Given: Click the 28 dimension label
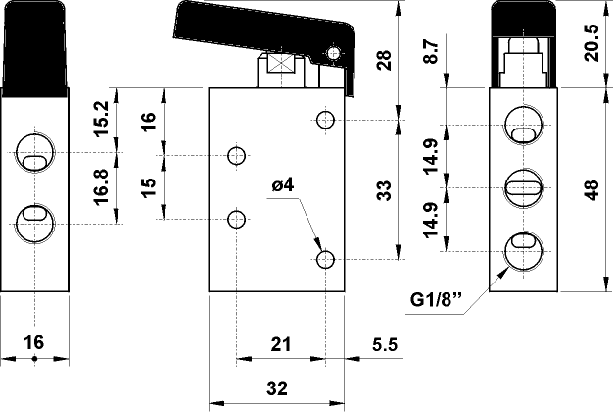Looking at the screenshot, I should pos(385,61).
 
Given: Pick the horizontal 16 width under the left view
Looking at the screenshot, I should pos(33,342).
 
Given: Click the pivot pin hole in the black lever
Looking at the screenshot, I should pos(336,53).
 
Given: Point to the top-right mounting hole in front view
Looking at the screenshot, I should pos(327,120).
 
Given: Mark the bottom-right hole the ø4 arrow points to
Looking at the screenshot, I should pos(327,260).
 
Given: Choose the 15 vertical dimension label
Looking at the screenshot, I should pos(148,187).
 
